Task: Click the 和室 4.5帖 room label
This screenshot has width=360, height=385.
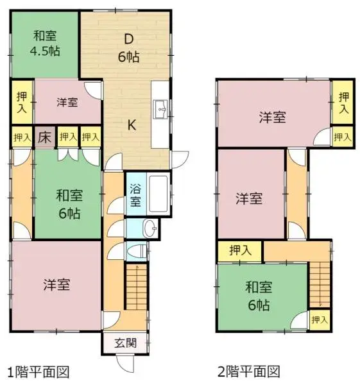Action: coord(44,44)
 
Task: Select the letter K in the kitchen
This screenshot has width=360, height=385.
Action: coord(130,125)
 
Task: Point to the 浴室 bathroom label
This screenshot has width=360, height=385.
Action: coord(135,195)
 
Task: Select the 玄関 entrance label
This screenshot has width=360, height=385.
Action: coord(126,343)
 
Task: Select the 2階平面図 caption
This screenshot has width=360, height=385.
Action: coord(248,372)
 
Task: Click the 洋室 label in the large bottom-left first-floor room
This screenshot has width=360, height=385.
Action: coord(57,283)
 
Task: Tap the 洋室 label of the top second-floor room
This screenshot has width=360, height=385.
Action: coord(273,117)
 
